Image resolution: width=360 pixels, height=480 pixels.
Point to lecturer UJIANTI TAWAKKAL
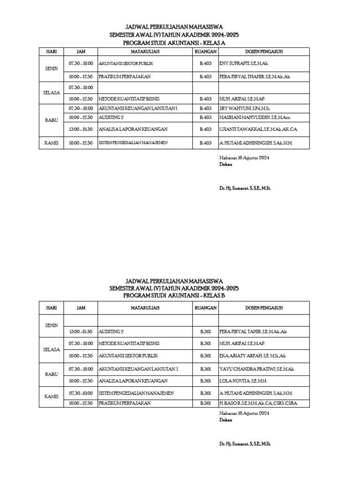258,129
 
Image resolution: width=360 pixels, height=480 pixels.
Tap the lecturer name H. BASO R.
258,403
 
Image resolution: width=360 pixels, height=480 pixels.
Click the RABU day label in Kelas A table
51,120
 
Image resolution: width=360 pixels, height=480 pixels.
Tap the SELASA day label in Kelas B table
51,350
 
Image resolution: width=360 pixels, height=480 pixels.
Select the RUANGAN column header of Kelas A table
205,51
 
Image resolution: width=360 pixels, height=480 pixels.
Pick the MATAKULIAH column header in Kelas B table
145,308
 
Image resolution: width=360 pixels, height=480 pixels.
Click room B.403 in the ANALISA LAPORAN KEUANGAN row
205,129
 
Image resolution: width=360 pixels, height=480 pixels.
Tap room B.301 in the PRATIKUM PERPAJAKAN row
205,403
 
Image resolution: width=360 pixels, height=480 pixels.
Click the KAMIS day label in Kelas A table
51,143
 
